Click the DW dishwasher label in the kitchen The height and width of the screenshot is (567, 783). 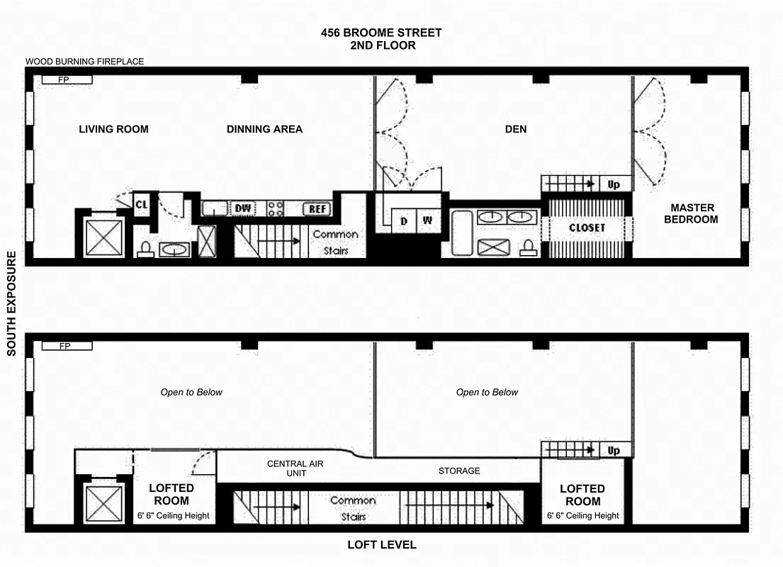(x=243, y=208)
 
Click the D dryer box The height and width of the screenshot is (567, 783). (x=404, y=221)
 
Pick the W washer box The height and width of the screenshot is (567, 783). (x=428, y=221)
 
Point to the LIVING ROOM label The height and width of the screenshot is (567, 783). (x=113, y=129)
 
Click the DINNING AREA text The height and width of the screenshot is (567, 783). (x=264, y=129)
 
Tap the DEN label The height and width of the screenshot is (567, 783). (x=516, y=129)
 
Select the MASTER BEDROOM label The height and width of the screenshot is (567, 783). (x=693, y=213)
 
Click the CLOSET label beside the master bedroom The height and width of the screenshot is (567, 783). (x=587, y=228)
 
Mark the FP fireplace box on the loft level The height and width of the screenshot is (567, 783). (x=67, y=347)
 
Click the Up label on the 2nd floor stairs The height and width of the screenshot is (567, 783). (x=614, y=184)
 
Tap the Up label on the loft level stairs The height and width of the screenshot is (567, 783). (x=614, y=451)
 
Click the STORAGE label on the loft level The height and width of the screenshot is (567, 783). (x=459, y=471)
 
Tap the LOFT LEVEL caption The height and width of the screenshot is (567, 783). (x=381, y=545)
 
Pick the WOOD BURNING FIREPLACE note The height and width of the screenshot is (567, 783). (x=85, y=62)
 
